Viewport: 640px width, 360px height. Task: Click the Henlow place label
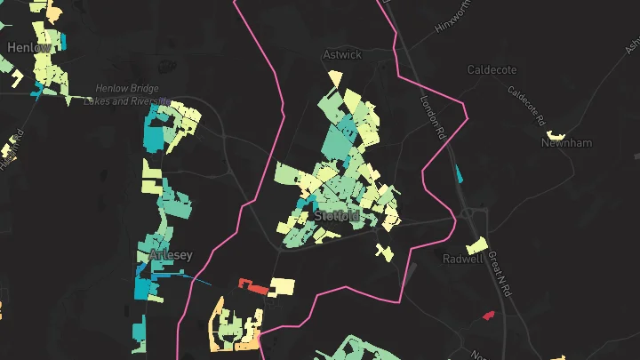[28, 46]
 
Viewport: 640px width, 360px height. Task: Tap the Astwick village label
[342, 54]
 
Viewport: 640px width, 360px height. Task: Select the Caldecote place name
[492, 68]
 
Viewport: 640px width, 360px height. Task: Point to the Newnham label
[567, 142]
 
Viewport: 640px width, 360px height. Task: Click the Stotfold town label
[337, 215]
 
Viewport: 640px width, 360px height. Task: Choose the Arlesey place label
[170, 254]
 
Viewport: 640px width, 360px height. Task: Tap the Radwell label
[463, 259]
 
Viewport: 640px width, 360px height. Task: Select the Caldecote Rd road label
[524, 104]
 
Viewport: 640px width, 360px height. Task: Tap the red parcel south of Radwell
[487, 314]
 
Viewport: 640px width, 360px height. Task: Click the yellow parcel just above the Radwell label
[477, 244]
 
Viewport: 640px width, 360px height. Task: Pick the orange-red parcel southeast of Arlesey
[254, 286]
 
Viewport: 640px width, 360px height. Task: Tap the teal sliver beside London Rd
[459, 173]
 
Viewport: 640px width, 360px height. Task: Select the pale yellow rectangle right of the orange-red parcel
[282, 286]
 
